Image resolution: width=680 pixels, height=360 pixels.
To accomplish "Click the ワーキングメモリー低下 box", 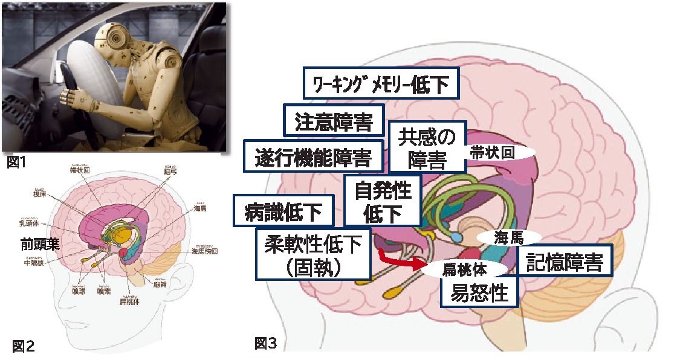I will (381, 85).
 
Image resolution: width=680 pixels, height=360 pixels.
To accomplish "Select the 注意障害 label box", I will (334, 121).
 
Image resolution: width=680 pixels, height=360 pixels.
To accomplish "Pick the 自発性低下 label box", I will (383, 200).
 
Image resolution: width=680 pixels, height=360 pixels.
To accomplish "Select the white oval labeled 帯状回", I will (499, 152).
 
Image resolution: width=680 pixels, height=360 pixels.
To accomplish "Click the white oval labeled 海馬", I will (508, 236).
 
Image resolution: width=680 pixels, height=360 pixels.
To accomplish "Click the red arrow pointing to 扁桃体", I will (399, 262).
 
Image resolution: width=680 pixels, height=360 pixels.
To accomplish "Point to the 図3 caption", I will (266, 344).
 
